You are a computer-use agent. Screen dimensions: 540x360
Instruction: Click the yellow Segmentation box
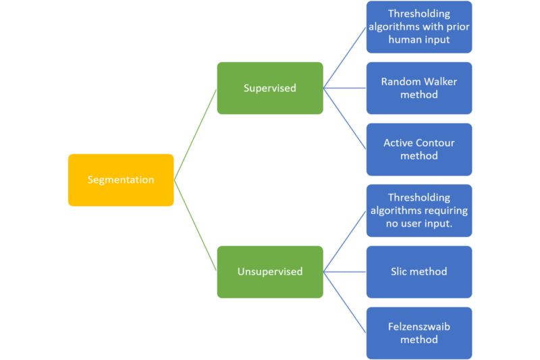(x=121, y=180)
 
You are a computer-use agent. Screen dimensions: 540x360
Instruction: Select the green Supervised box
(x=270, y=88)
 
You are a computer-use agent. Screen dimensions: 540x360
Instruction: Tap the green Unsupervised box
(x=270, y=272)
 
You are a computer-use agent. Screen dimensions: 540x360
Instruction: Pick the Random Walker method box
(x=419, y=88)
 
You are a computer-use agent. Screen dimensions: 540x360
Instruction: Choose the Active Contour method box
(x=419, y=149)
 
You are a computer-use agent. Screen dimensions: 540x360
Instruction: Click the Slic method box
(x=419, y=272)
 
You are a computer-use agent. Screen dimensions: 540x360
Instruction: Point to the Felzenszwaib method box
(x=419, y=333)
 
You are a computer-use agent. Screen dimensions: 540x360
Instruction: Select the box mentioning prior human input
(x=419, y=27)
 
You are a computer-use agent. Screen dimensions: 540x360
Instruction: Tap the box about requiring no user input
(x=419, y=211)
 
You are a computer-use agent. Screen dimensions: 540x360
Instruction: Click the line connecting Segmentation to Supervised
(x=195, y=134)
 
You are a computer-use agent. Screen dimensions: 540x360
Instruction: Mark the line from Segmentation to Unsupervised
(x=195, y=226)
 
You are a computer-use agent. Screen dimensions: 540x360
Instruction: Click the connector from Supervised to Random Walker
(x=345, y=88)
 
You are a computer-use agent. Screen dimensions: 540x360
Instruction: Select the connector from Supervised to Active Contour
(x=345, y=119)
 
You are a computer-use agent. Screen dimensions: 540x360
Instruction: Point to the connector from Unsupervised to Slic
(x=345, y=272)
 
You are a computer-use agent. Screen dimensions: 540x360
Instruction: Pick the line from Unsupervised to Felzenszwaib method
(x=345, y=303)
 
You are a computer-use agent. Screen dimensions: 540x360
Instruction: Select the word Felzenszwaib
(x=419, y=327)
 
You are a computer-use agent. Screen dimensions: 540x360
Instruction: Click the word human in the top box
(x=403, y=40)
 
